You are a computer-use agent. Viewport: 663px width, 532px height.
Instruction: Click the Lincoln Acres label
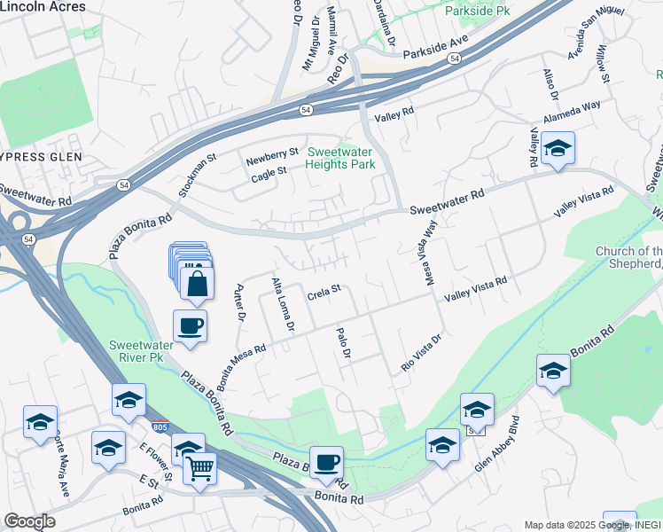[x=43, y=6]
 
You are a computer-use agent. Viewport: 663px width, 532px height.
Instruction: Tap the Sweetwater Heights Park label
[x=340, y=158]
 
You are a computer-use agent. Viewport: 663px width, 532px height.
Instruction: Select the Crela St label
[x=324, y=289]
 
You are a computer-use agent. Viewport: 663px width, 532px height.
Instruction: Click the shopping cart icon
[x=200, y=466]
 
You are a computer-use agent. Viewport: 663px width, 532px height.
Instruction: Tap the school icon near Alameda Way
[x=558, y=149]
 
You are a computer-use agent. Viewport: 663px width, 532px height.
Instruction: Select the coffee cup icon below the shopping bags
[x=190, y=326]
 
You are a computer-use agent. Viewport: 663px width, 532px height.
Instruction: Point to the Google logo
[x=29, y=521]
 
